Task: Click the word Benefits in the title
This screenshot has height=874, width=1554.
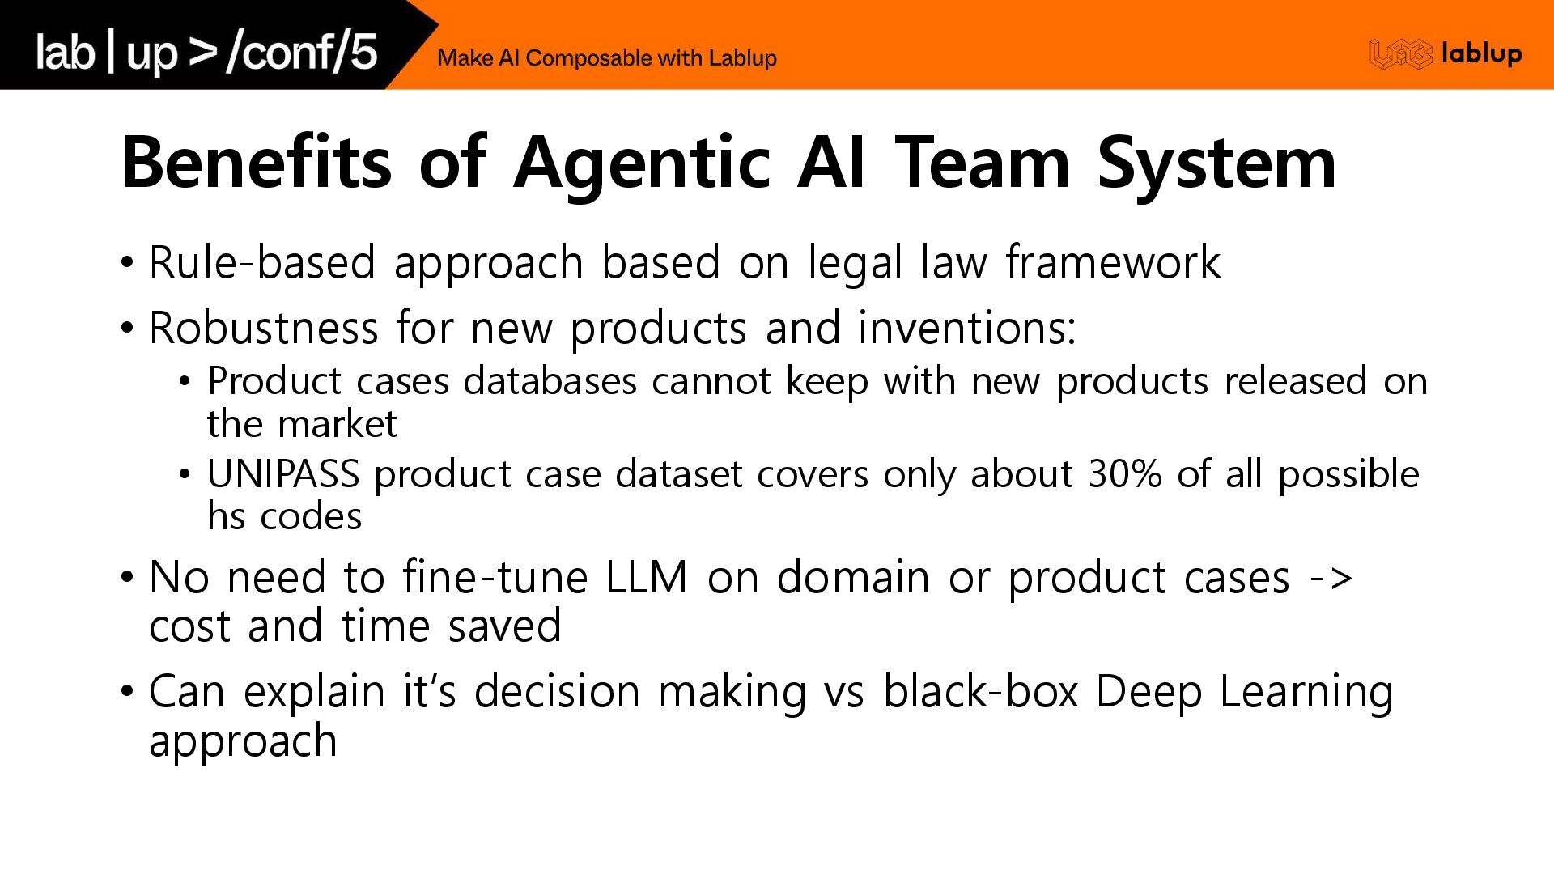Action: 257,162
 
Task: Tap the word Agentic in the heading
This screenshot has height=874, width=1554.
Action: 641,163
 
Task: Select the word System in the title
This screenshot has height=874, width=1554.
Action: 1216,163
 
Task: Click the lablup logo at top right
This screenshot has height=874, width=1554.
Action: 1446,54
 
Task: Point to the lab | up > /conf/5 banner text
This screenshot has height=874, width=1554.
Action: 206,53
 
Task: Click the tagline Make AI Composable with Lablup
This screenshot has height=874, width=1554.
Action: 606,58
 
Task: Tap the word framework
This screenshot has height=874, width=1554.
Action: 1113,262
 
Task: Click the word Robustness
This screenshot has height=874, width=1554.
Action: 263,328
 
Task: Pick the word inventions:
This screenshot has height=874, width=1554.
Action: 967,328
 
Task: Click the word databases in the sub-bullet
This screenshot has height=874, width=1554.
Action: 550,381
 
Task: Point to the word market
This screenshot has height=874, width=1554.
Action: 347,424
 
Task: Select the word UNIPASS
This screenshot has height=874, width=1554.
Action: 282,474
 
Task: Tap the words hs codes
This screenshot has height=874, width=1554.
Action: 284,516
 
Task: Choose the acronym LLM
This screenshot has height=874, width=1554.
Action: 646,577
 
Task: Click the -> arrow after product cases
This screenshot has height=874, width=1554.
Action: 1331,578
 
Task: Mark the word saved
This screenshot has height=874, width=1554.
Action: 504,626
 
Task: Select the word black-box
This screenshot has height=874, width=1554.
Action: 980,692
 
